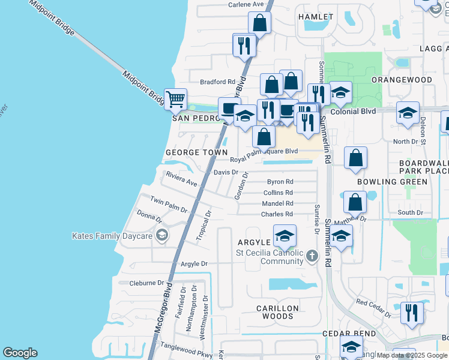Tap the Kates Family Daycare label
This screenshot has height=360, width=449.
pyautogui.click(x=112, y=236)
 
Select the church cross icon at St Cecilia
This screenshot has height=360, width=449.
pyautogui.click(x=311, y=256)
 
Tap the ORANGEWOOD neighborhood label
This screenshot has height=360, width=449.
pyautogui.click(x=402, y=79)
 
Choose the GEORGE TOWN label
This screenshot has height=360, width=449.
pyautogui.click(x=196, y=153)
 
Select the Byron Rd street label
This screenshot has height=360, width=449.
pyautogui.click(x=280, y=182)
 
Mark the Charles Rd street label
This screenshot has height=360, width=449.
pyautogui.click(x=277, y=214)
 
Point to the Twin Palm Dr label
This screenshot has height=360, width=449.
pyautogui.click(x=169, y=204)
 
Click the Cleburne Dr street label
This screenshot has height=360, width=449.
pyautogui.click(x=142, y=283)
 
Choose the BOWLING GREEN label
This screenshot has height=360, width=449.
pyautogui.click(x=392, y=181)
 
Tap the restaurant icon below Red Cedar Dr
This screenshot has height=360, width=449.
pyautogui.click(x=412, y=313)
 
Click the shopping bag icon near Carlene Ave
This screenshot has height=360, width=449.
pyautogui.click(x=259, y=23)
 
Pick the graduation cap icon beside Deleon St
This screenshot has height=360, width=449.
pyautogui.click(x=408, y=113)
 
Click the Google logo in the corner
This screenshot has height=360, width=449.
pyautogui.click(x=20, y=353)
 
